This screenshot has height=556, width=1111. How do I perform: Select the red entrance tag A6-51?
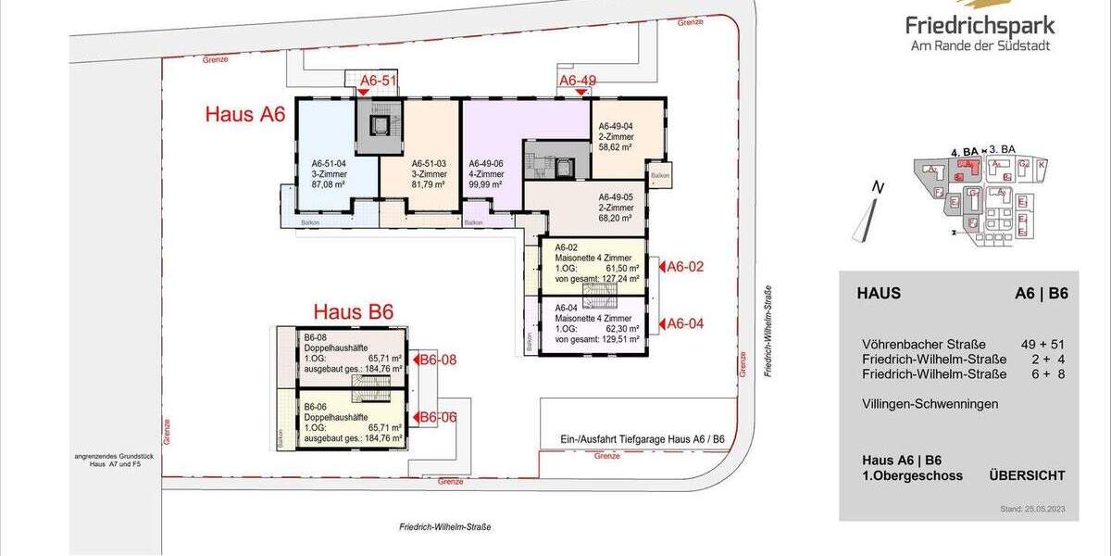[378, 81]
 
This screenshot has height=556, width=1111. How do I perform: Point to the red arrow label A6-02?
[685, 267]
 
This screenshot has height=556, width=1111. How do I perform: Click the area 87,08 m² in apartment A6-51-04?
[328, 184]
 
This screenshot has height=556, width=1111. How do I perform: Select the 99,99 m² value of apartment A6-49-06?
[487, 184]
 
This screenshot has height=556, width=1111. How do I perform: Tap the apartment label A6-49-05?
[616, 197]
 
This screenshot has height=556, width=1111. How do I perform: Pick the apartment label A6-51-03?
[429, 162]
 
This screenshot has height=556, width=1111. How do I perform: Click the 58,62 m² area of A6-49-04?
[615, 147]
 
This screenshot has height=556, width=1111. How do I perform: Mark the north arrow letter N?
[879, 187]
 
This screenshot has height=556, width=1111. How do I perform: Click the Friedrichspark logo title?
[980, 25]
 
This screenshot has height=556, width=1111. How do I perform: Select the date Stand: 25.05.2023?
[1033, 510]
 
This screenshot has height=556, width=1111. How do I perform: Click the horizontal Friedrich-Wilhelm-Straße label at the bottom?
[444, 526]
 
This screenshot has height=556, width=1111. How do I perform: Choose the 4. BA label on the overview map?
[965, 150]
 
